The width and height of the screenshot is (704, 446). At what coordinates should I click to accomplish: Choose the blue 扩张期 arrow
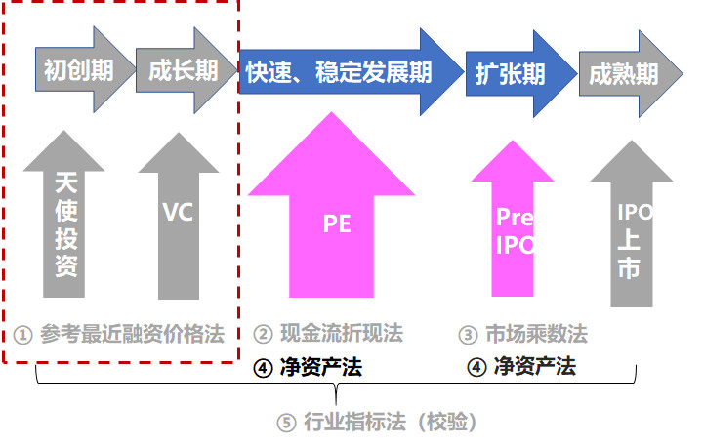pyautogui.click(x=513, y=73)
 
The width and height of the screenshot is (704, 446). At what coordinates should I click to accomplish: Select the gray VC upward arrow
pyautogui.click(x=179, y=215)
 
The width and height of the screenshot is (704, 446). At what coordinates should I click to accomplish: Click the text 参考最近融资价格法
pyautogui.click(x=133, y=334)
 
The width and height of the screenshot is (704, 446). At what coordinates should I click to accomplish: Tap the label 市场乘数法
pyautogui.click(x=536, y=335)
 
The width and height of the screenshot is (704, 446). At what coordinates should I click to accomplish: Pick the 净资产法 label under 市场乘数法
pyautogui.click(x=534, y=367)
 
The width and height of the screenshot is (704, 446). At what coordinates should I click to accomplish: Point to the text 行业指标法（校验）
pyautogui.click(x=389, y=423)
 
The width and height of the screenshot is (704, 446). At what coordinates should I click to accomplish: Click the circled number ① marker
pyautogui.click(x=24, y=335)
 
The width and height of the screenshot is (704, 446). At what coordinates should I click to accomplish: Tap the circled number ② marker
pyautogui.click(x=262, y=335)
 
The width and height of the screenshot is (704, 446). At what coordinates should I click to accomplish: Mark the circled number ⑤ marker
pyautogui.click(x=285, y=424)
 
